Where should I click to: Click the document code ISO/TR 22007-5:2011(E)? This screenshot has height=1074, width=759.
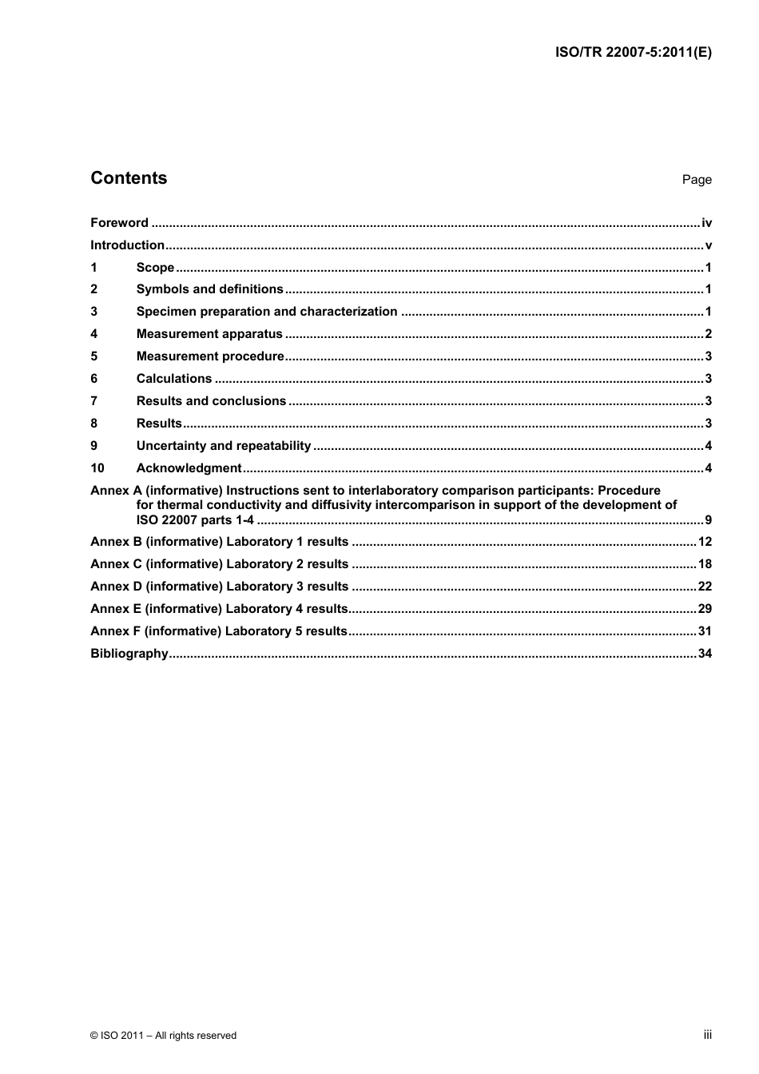pyautogui.click(x=633, y=53)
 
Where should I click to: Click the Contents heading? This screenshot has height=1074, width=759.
pyautogui.click(x=129, y=178)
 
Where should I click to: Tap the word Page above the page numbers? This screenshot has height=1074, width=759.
pyautogui.click(x=696, y=180)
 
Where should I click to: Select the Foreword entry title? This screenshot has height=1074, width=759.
pyautogui.click(x=119, y=223)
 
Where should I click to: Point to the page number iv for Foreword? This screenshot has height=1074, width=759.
pyautogui.click(x=706, y=223)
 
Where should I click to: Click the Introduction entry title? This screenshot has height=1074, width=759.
pyautogui.click(x=127, y=245)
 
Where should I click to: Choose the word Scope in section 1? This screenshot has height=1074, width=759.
pyautogui.click(x=155, y=268)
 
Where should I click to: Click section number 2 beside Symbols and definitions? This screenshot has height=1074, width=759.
pyautogui.click(x=94, y=289)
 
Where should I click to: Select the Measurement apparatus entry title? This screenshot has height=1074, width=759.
pyautogui.click(x=209, y=334)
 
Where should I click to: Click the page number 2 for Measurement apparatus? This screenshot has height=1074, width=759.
pyautogui.click(x=708, y=334)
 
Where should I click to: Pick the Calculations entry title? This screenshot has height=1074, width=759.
pyautogui.click(x=174, y=379)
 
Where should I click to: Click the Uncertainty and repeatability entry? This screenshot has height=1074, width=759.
pyautogui.click(x=224, y=446)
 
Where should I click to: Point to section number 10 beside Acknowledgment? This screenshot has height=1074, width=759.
pyautogui.click(x=97, y=468)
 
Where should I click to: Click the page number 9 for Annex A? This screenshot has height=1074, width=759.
pyautogui.click(x=708, y=520)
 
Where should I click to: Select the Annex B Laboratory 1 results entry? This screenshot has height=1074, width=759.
pyautogui.click(x=220, y=542)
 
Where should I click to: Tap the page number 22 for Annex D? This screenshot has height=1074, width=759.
pyautogui.click(x=705, y=587)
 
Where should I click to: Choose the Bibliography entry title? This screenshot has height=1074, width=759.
pyautogui.click(x=129, y=654)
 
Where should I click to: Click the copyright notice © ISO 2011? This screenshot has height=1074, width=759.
pyautogui.click(x=163, y=1036)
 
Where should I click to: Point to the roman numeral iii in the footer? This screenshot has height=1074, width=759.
pyautogui.click(x=707, y=1035)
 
